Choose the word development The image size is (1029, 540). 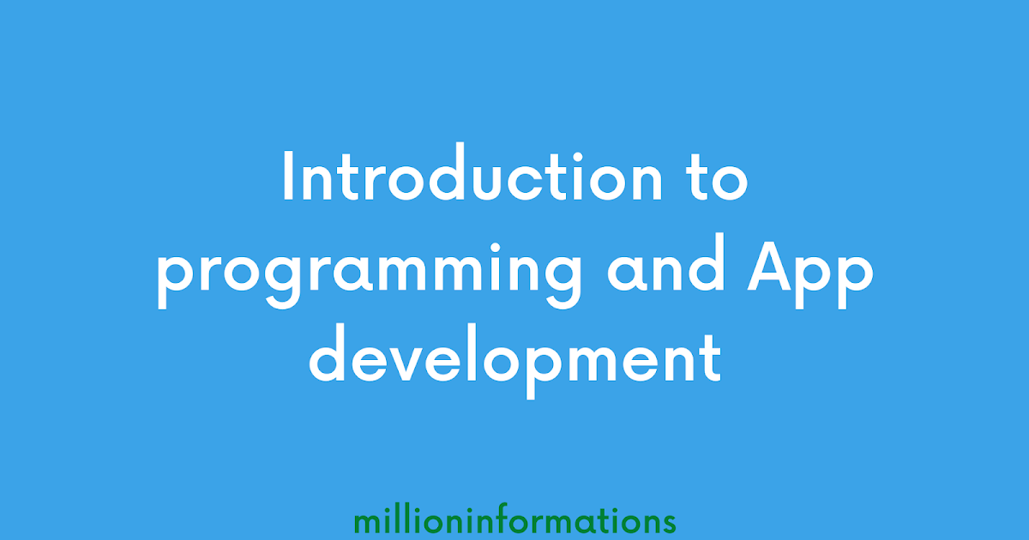(514, 361)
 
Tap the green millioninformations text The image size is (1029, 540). (514, 520)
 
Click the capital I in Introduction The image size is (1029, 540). (288, 178)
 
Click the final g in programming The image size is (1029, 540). (558, 287)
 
